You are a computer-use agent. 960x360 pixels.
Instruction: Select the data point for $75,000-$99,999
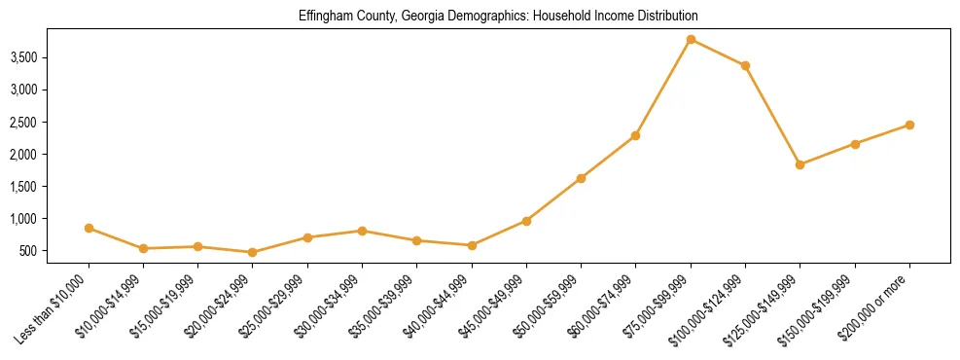point(691,39)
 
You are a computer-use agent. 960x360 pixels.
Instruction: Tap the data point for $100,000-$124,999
point(745,65)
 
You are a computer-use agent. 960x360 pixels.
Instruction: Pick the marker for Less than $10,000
point(89,228)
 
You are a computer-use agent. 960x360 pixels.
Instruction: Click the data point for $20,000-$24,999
point(253,252)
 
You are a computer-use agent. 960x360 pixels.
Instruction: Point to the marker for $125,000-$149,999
point(800,164)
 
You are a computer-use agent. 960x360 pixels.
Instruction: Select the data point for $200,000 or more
point(909,125)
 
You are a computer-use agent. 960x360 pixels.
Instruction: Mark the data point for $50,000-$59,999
point(581,178)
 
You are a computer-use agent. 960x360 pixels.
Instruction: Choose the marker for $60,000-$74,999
point(635,135)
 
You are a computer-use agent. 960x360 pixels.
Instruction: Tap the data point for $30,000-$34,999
point(362,231)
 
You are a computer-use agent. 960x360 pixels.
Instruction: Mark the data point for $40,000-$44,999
point(472,245)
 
